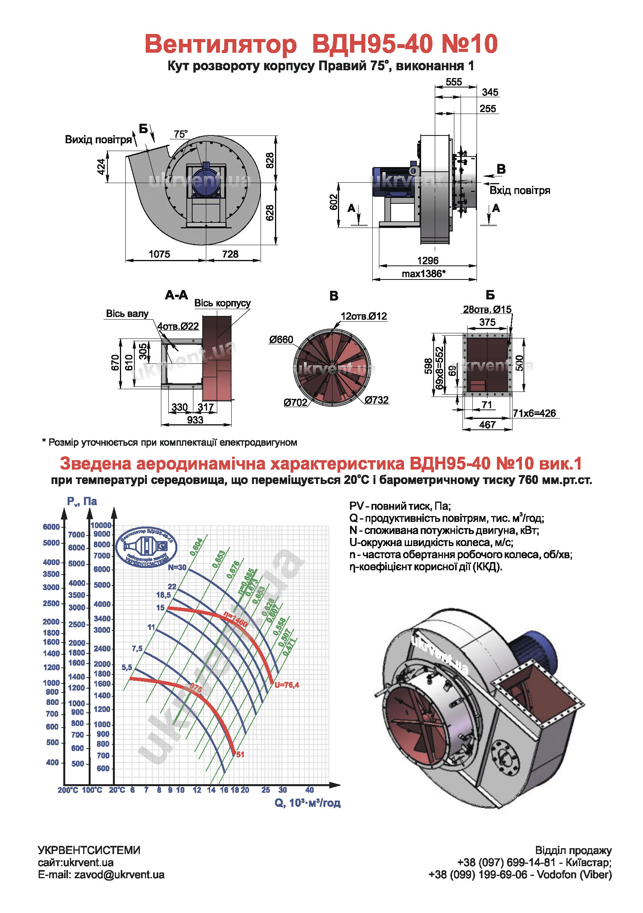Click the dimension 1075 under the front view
(x=159, y=254)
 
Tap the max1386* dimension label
(x=423, y=274)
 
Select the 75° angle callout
(x=180, y=134)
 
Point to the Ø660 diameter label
(x=281, y=340)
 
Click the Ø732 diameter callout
(x=377, y=400)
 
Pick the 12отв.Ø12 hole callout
(x=364, y=316)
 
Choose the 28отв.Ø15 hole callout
(x=487, y=310)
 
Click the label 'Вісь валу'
(x=127, y=314)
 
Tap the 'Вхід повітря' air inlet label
(x=520, y=190)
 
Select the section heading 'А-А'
(x=176, y=295)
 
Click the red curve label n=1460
(x=235, y=619)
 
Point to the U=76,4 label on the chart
(x=286, y=685)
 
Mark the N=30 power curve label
(x=177, y=567)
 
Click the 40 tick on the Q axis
(x=309, y=790)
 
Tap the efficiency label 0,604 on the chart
(x=196, y=546)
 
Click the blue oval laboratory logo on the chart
(x=146, y=547)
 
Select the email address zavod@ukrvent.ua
(x=119, y=874)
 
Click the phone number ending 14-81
(x=506, y=862)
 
